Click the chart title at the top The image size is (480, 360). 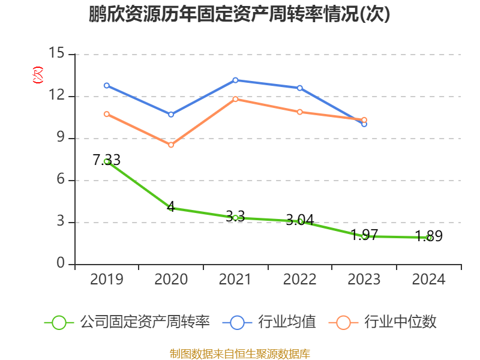click(x=239, y=14)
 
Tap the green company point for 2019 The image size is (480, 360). click(x=107, y=161)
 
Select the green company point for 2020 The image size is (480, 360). click(x=171, y=208)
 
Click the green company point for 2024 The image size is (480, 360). click(x=428, y=238)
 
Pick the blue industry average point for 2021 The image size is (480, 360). click(x=235, y=80)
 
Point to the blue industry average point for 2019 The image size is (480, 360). click(x=107, y=85)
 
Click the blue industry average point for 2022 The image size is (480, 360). click(x=300, y=88)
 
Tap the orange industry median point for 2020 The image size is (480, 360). click(x=171, y=145)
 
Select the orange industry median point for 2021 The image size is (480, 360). click(x=235, y=99)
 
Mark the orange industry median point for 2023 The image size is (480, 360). click(x=364, y=120)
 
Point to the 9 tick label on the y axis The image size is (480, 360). click(x=61, y=138)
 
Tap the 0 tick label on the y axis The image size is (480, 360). click(x=61, y=264)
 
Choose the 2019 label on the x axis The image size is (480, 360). click(x=107, y=280)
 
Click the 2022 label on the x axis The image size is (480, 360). click(x=300, y=280)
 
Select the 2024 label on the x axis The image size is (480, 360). click(x=428, y=280)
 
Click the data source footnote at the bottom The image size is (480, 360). click(x=239, y=353)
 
